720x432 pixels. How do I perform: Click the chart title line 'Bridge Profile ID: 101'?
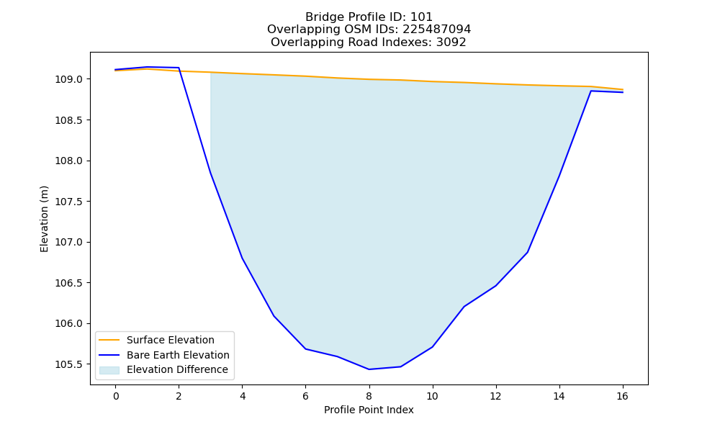[369, 17]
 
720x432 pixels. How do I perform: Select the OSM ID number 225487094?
[437, 30]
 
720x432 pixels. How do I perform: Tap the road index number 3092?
[451, 42]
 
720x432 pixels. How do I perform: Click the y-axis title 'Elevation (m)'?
[44, 219]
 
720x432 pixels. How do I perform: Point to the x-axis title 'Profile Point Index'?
[369, 410]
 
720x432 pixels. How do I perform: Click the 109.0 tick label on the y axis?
[69, 79]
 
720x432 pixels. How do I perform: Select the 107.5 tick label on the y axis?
[69, 202]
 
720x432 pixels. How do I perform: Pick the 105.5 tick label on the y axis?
[69, 364]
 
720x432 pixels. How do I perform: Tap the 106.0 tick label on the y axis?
[69, 324]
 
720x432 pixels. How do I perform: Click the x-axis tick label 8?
[369, 396]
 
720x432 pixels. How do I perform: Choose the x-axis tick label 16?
[622, 396]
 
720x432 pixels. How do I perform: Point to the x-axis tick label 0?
[116, 396]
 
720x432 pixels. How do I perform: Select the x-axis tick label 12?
[495, 396]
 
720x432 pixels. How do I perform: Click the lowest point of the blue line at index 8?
[369, 369]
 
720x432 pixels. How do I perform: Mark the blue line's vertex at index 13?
[527, 252]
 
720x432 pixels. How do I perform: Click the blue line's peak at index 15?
[590, 91]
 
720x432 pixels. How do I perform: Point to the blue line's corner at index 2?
[179, 68]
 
